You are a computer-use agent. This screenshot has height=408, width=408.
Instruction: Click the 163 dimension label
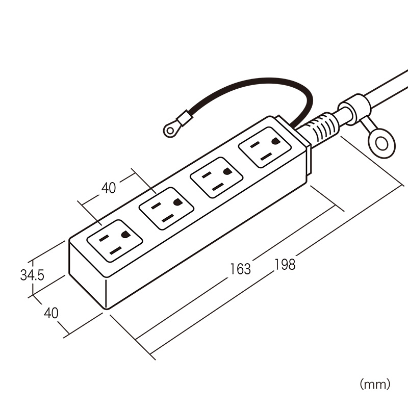point(240,268)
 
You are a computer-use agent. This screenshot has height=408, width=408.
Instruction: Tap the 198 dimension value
point(285,264)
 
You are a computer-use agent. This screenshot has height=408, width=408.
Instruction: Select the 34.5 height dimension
point(32,275)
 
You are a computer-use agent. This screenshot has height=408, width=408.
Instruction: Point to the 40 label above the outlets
point(109,188)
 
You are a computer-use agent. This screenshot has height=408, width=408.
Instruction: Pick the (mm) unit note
point(375,384)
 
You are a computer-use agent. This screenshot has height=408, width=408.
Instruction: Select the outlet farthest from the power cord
point(115,240)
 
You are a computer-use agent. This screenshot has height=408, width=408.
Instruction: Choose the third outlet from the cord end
point(166,208)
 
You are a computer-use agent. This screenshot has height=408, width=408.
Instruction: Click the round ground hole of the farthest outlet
point(125,235)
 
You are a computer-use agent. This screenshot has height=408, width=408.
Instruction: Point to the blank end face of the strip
point(87,272)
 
